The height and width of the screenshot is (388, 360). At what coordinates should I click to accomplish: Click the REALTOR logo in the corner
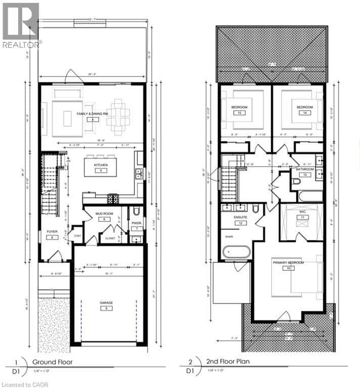21,25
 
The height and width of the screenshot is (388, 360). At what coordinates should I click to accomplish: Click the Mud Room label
103,214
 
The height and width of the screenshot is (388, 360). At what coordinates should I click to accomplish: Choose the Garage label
106,303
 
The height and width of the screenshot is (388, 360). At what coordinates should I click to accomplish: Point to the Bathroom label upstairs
305,169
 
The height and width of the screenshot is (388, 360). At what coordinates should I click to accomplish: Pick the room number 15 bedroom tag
238,113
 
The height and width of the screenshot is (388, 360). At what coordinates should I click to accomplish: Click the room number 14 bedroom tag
304,113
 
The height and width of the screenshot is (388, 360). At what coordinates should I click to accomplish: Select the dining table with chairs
118,113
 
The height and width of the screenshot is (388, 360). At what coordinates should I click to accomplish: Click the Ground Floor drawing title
53,362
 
